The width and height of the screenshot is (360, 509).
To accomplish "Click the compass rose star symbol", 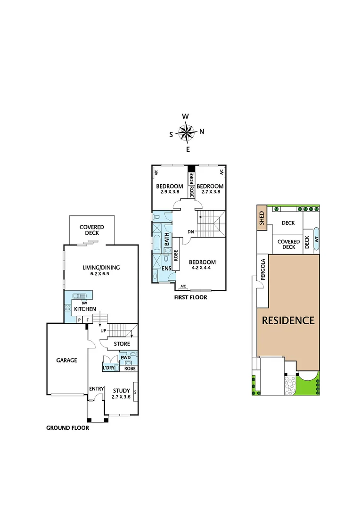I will click(187, 132).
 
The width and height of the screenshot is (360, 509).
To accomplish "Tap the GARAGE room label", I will click(67, 360).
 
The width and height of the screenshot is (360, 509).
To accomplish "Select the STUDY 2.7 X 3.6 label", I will click(121, 394).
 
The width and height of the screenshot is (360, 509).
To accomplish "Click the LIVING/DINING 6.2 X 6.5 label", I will click(101, 271).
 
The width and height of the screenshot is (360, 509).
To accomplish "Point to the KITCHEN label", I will click(85, 309).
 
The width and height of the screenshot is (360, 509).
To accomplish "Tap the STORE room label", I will click(122, 344).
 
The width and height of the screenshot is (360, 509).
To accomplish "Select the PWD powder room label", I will click(125, 358).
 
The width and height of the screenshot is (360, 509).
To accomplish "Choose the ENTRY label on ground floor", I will click(97, 388).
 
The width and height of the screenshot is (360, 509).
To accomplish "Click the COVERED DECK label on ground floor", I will click(91, 230).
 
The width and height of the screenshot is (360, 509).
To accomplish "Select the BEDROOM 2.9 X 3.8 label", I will click(170, 189).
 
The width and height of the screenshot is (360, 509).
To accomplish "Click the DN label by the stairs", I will click(191, 231).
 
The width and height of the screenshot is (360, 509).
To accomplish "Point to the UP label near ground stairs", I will click(102, 330).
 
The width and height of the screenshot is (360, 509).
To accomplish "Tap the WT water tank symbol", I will click(316, 238).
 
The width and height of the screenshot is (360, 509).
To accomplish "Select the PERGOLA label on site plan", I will click(263, 270).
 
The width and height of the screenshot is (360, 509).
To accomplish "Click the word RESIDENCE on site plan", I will click(288, 321).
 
